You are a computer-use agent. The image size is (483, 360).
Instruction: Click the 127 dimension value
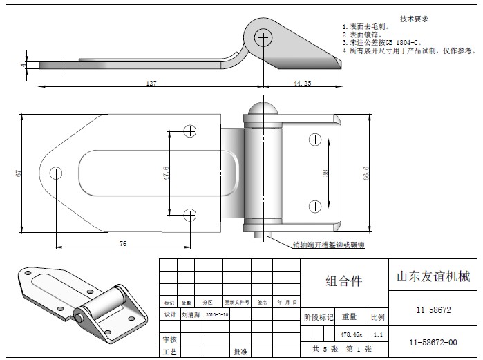pyautogui.click(x=151, y=83)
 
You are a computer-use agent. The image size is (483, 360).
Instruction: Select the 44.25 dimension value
pyautogui.click(x=302, y=83)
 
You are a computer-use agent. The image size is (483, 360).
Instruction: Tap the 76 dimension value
pyautogui.click(x=122, y=243)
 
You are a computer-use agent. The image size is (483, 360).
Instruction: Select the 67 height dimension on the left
pyautogui.click(x=19, y=172)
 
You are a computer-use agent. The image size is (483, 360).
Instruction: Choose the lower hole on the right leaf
pyautogui.click(x=315, y=205)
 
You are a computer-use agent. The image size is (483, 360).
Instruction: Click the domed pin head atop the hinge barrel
pyautogui.click(x=263, y=110)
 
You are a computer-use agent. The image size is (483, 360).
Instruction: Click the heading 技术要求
pyautogui.click(x=414, y=19)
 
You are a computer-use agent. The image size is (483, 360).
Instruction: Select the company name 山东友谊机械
pyautogui.click(x=432, y=276)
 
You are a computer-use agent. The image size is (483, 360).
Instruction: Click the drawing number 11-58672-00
pyautogui.click(x=433, y=342)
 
